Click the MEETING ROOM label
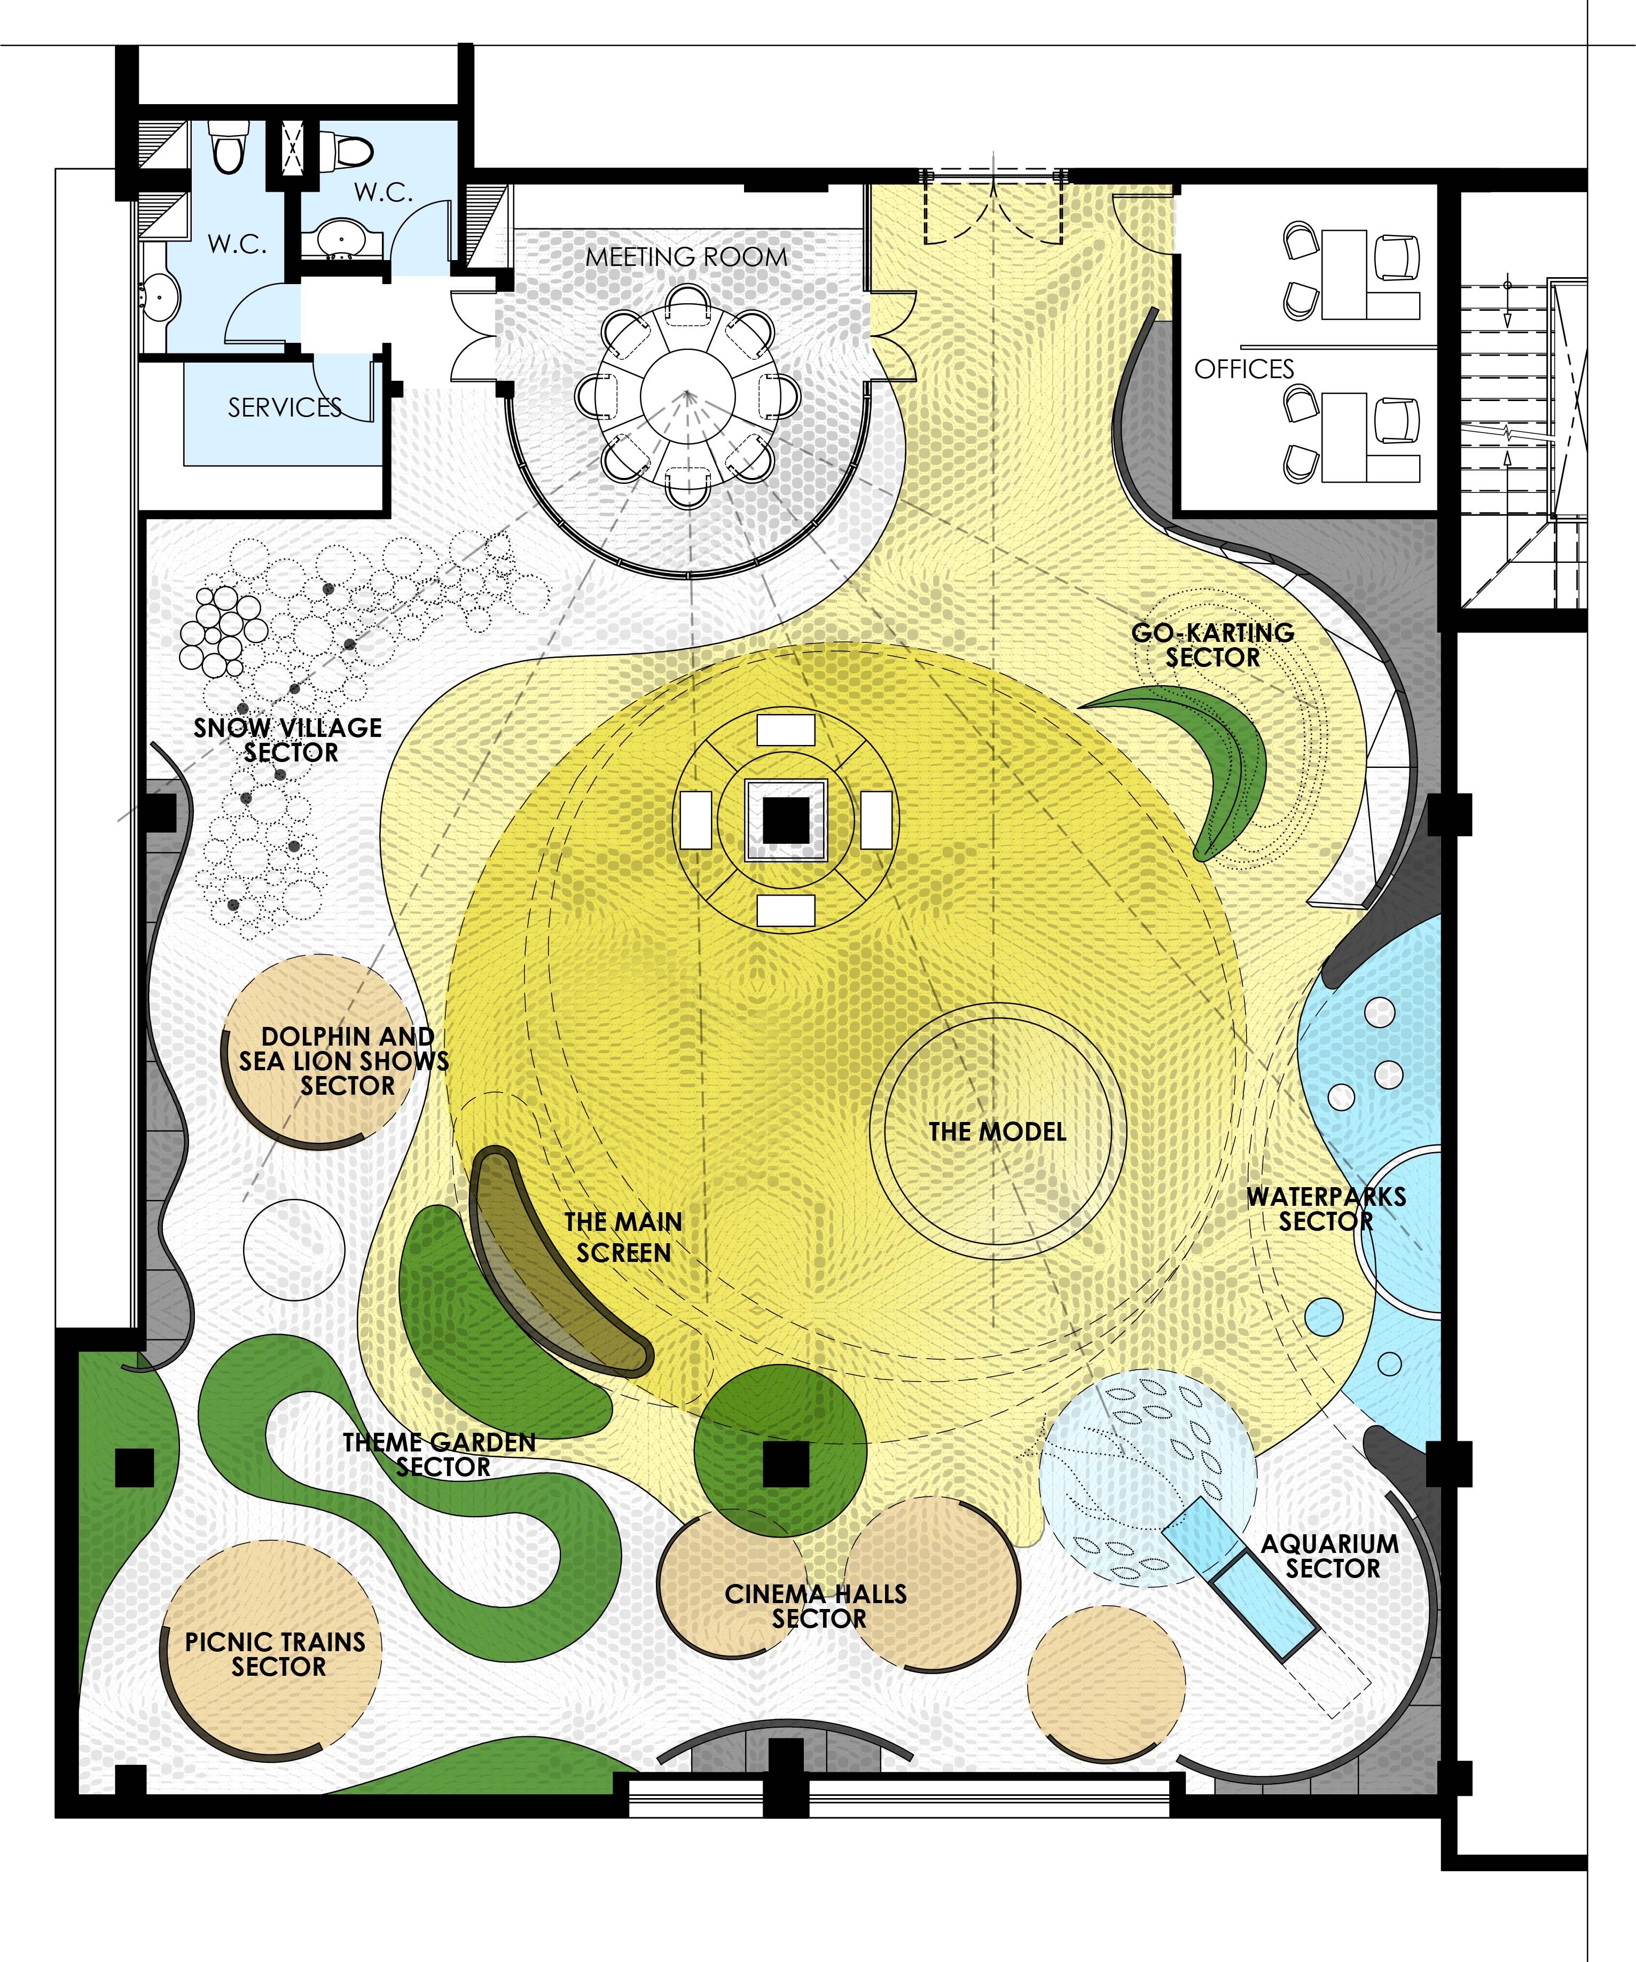point(687,257)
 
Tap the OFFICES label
point(1244,369)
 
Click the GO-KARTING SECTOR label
point(1213,645)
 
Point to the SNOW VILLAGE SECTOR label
point(288,740)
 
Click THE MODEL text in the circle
point(997,1132)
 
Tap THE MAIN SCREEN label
point(623,1237)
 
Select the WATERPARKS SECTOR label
point(1327,1209)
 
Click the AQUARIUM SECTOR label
point(1330,1557)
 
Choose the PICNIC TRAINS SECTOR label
point(276,1654)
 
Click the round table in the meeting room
point(687,393)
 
